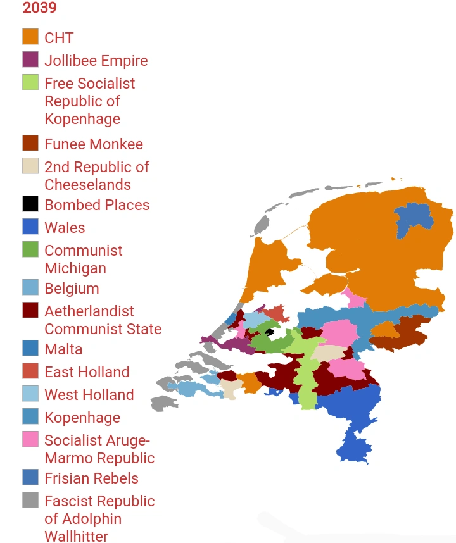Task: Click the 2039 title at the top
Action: (x=39, y=8)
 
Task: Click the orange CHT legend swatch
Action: (x=30, y=37)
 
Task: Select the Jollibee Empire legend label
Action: (x=96, y=61)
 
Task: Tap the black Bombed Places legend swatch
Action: (x=30, y=204)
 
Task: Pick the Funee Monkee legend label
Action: (x=93, y=144)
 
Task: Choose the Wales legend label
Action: (x=64, y=228)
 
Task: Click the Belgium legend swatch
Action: (x=30, y=287)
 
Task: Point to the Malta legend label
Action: (x=63, y=349)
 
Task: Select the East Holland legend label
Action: (x=86, y=372)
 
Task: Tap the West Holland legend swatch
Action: (x=30, y=394)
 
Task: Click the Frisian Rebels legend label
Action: (x=91, y=478)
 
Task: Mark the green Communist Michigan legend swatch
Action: (x=30, y=249)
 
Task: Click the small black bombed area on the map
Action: (x=269, y=332)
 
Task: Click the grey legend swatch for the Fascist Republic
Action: (x=30, y=500)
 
